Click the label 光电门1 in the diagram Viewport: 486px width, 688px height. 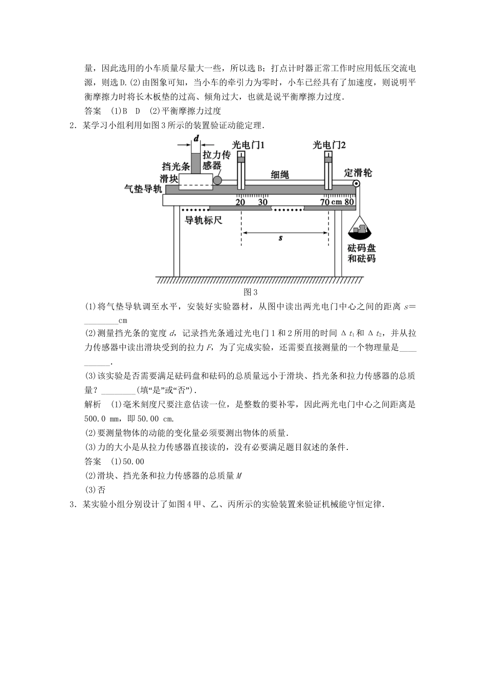click(248, 145)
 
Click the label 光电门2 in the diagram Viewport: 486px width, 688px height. click(329, 145)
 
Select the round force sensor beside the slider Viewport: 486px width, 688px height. click(218, 180)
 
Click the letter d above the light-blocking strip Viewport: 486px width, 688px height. click(196, 139)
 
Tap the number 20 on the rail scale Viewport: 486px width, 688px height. click(240, 202)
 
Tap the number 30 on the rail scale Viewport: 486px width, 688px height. click(262, 202)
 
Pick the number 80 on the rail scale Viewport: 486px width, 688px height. click(349, 202)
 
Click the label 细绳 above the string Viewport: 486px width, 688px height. click(280, 175)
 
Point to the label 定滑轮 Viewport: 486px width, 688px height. click(359, 173)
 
